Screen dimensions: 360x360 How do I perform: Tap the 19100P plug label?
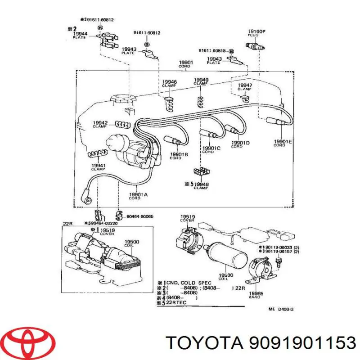(x=256, y=33)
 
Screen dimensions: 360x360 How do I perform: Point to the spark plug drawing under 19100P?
(x=256, y=45)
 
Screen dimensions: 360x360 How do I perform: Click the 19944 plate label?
(x=80, y=36)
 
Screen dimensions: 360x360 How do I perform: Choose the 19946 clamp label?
(x=170, y=84)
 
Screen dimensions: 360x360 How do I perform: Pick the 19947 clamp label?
(x=245, y=87)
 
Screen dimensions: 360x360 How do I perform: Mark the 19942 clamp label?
(x=100, y=124)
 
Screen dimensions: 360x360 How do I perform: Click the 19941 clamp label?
(x=98, y=167)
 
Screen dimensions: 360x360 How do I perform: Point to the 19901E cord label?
(x=283, y=144)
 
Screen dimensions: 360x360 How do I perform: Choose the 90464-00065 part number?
(x=140, y=217)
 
